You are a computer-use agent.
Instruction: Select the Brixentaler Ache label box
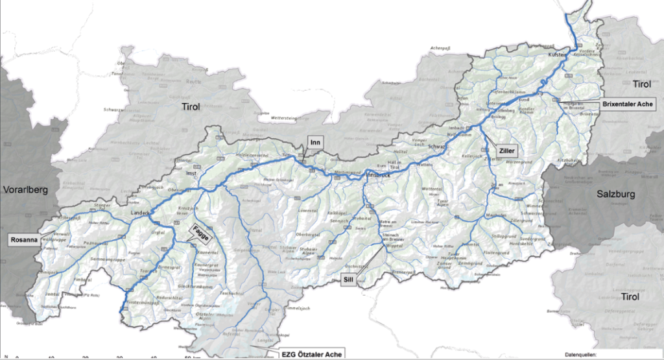click(629, 104)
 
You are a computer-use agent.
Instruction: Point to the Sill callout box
click(348, 279)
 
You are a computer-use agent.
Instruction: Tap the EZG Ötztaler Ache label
click(310, 354)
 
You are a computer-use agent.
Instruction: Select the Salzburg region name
click(615, 194)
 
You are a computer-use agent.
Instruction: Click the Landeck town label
click(141, 213)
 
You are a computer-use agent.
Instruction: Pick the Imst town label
click(191, 174)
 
